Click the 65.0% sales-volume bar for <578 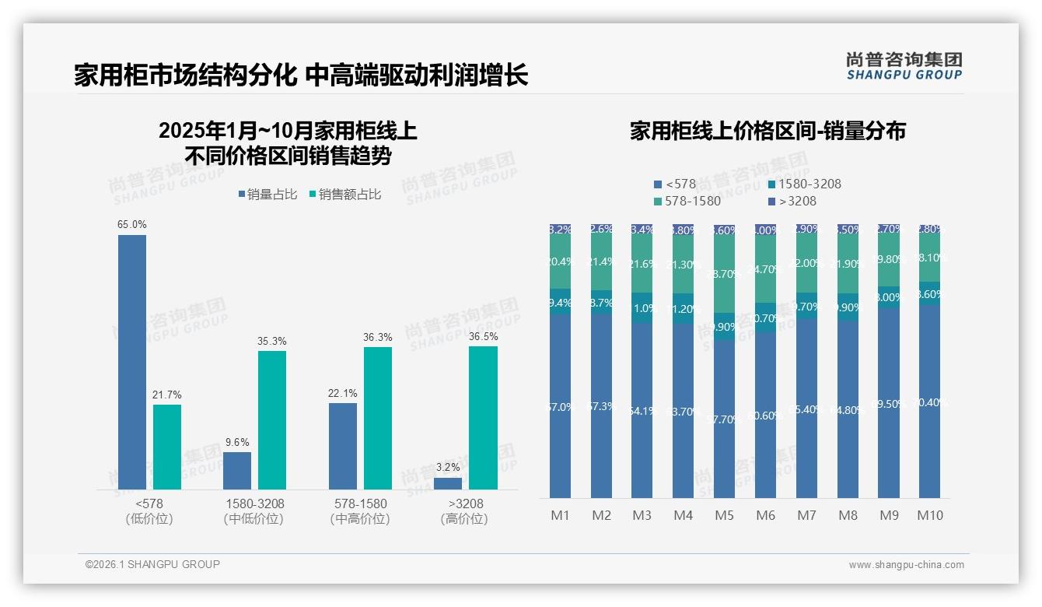(x=132, y=362)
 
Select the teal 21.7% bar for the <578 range (x=167, y=447)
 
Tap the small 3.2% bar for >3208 (x=448, y=483)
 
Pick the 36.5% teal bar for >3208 (x=483, y=418)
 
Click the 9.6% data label (x=237, y=442)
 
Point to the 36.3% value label (x=378, y=337)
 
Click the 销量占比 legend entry (x=267, y=195)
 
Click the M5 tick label (x=724, y=515)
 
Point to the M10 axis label (x=929, y=515)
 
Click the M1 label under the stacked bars (x=560, y=515)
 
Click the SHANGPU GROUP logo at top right (x=904, y=66)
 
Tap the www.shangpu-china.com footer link (x=906, y=565)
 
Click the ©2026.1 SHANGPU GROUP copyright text (x=152, y=564)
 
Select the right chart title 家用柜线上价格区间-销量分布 (x=768, y=132)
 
